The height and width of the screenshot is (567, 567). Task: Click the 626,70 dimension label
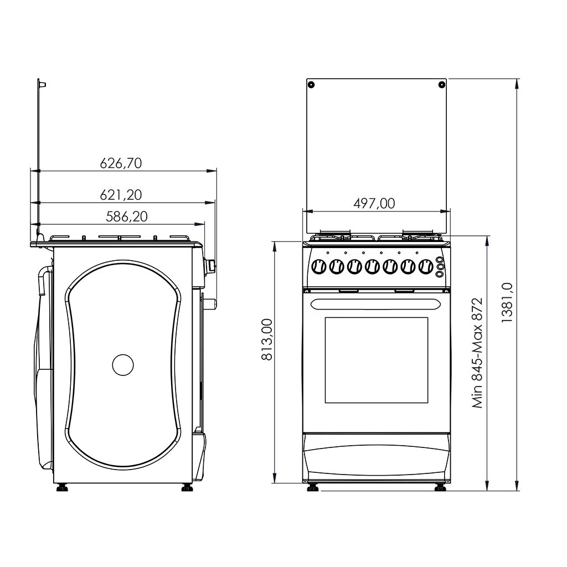tap(121, 163)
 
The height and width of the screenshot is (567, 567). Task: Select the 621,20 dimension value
tap(121, 195)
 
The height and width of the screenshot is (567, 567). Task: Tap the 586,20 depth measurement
tap(127, 217)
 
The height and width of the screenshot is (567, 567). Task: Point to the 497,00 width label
tap(374, 204)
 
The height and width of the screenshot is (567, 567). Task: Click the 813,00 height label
tap(267, 339)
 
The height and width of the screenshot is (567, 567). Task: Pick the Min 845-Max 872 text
tap(477, 353)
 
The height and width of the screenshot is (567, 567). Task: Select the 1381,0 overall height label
tap(507, 302)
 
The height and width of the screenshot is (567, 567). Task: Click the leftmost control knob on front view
tap(318, 267)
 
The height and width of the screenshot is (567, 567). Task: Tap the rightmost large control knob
tap(426, 267)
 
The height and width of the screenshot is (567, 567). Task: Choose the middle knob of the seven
tap(372, 267)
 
